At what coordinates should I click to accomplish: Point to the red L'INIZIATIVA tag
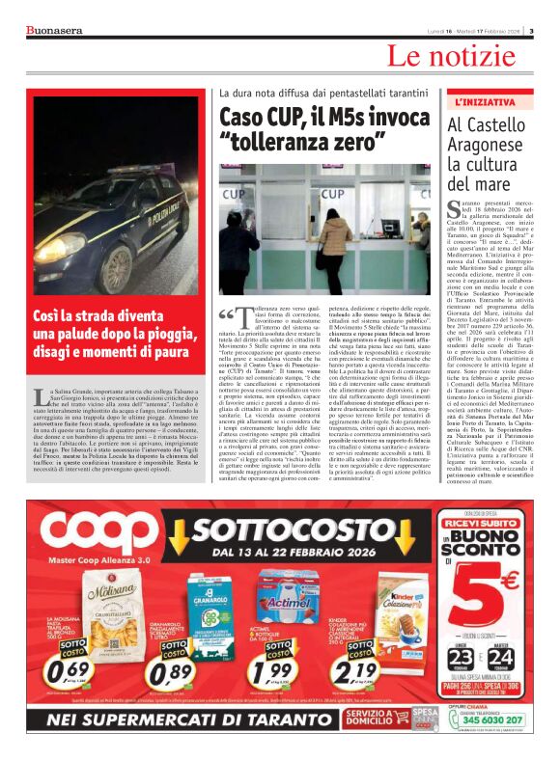[x=485, y=101]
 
